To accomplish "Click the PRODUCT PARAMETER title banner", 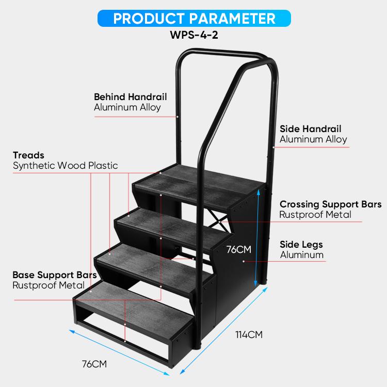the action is pyautogui.click(x=194, y=18).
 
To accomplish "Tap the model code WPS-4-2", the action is pyautogui.click(x=194, y=35).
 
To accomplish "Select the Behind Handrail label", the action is pyautogui.click(x=131, y=97).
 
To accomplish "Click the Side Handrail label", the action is pyautogui.click(x=311, y=129).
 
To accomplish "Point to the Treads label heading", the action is pyautogui.click(x=28, y=155).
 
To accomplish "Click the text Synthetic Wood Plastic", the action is pyautogui.click(x=66, y=166).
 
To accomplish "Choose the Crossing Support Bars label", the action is pyautogui.click(x=330, y=204).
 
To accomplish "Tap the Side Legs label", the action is pyautogui.click(x=301, y=245).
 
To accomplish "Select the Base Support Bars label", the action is pyautogui.click(x=55, y=275).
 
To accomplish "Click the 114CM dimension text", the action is pyautogui.click(x=249, y=335).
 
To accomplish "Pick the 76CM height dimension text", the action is pyautogui.click(x=239, y=250).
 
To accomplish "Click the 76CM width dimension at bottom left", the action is pyautogui.click(x=94, y=364).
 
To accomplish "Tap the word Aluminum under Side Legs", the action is pyautogui.click(x=302, y=255).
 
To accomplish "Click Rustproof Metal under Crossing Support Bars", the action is pyautogui.click(x=315, y=215).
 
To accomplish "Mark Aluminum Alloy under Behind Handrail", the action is pyautogui.click(x=127, y=107).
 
